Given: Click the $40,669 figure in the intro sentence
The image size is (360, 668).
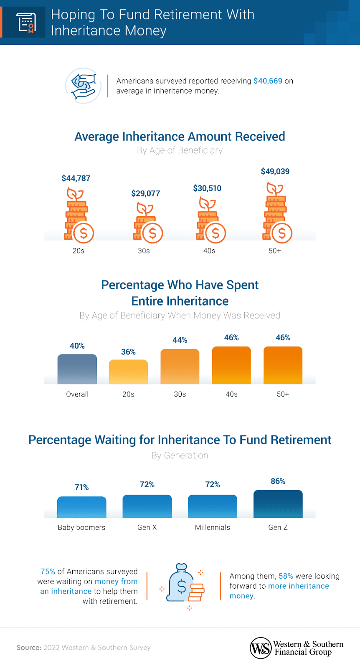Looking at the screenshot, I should [268, 81].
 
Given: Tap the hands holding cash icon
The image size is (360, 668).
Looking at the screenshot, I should [84, 86].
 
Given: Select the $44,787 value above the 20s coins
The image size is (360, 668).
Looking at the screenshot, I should [76, 178].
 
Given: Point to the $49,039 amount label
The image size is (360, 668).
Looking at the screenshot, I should [275, 172].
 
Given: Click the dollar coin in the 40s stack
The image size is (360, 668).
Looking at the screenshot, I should [215, 233].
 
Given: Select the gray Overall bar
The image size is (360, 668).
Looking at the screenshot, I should [77, 369].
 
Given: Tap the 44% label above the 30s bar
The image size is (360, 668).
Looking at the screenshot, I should [180, 340].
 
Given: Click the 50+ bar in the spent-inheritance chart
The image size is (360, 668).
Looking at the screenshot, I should [283, 365].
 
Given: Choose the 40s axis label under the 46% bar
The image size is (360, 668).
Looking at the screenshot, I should [231, 394].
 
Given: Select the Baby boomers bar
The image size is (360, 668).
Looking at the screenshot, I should [81, 507].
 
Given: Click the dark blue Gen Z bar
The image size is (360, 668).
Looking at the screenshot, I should [278, 504].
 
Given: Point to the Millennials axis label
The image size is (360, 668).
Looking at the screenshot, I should [212, 527].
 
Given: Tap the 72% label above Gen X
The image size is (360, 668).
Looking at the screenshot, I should [147, 484].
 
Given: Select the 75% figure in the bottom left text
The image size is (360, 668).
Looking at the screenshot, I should [48, 572].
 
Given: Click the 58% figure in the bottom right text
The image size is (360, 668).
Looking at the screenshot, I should [286, 576].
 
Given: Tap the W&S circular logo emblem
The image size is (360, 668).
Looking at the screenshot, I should [261, 648].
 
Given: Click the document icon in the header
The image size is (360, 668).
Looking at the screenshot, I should [26, 22].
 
